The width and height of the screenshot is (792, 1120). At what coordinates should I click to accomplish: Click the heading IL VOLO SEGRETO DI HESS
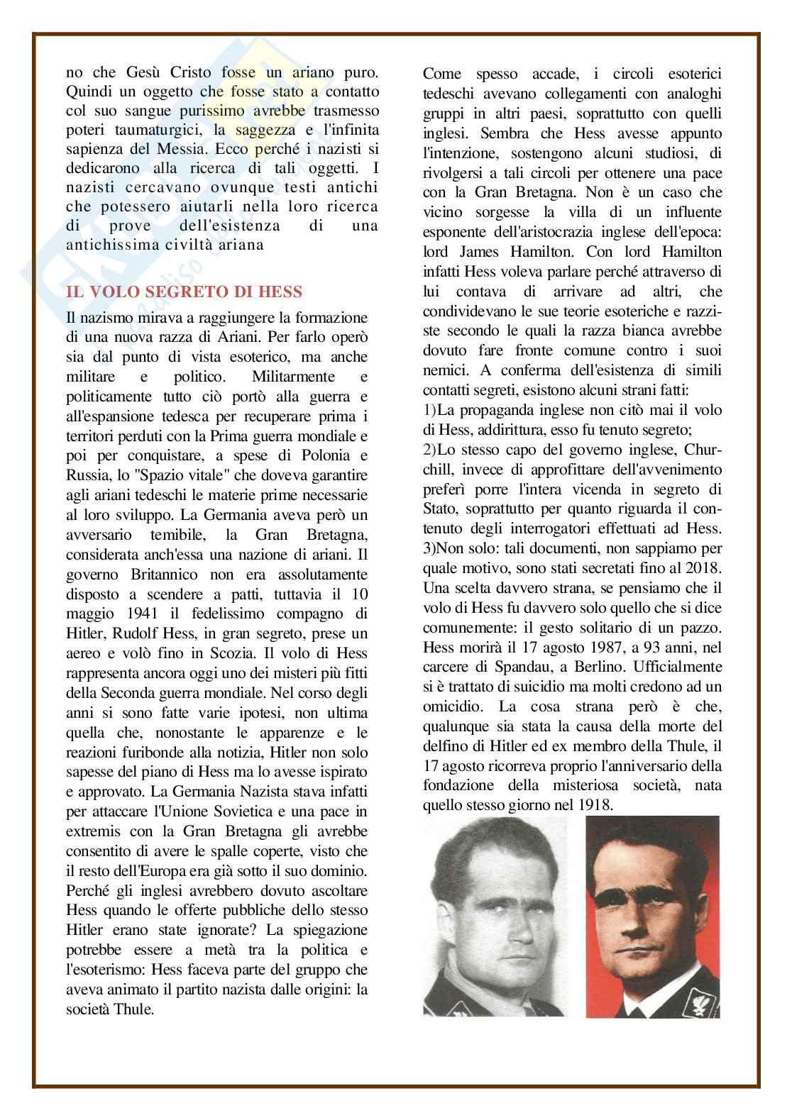point(184,292)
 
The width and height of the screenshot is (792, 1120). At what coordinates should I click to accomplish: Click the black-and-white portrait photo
point(495,916)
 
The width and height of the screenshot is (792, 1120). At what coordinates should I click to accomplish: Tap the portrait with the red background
point(651,916)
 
